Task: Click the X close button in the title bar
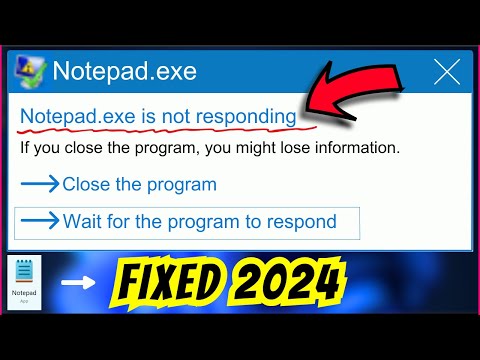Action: [447, 72]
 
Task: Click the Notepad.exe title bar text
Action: [124, 72]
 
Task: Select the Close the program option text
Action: [139, 185]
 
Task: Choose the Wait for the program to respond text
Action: [199, 220]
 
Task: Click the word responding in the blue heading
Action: [245, 117]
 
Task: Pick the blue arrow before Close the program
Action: [40, 185]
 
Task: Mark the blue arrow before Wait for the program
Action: [40, 220]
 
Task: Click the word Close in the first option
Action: [84, 185]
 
